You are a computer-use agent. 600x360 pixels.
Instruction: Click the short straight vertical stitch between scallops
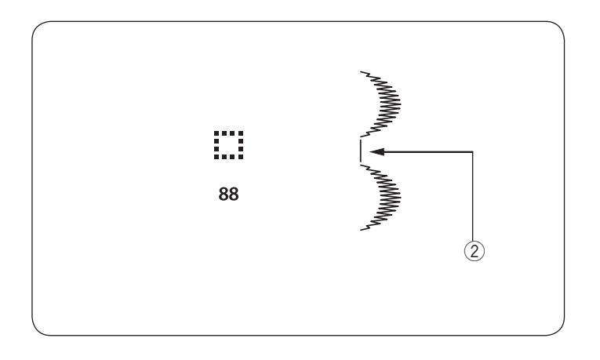[359, 151]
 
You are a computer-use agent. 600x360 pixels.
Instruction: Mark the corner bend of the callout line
[473, 151]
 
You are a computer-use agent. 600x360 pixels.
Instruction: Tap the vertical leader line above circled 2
[473, 196]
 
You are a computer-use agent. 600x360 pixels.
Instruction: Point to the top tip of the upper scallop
[362, 71]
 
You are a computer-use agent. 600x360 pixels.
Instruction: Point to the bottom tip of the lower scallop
[362, 229]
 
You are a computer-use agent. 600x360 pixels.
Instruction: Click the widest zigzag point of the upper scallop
[399, 101]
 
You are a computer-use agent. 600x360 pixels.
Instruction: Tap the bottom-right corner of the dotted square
[241, 156]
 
